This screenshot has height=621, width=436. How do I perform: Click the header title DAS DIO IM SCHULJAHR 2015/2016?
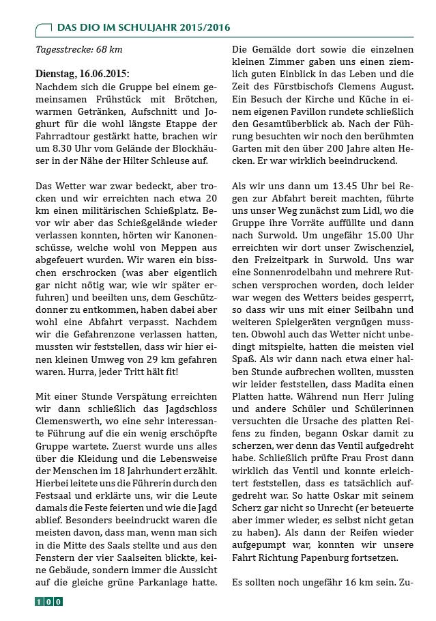point(143,27)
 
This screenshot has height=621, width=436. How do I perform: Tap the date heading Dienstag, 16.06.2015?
point(81,74)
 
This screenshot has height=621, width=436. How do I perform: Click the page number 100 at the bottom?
point(48,601)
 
